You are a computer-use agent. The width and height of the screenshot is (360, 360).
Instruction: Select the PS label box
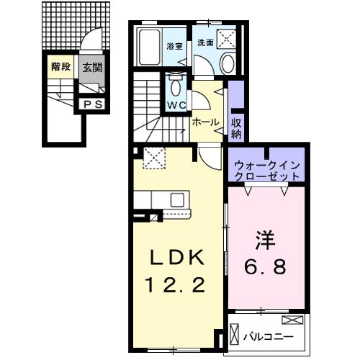(x=91, y=104)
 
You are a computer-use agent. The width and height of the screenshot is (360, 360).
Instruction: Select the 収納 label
(x=236, y=127)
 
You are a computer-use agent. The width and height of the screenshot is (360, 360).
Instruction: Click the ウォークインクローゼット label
(x=266, y=170)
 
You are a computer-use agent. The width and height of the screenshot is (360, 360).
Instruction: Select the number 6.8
(x=264, y=267)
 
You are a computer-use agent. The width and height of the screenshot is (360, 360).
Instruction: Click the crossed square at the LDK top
(x=153, y=157)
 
